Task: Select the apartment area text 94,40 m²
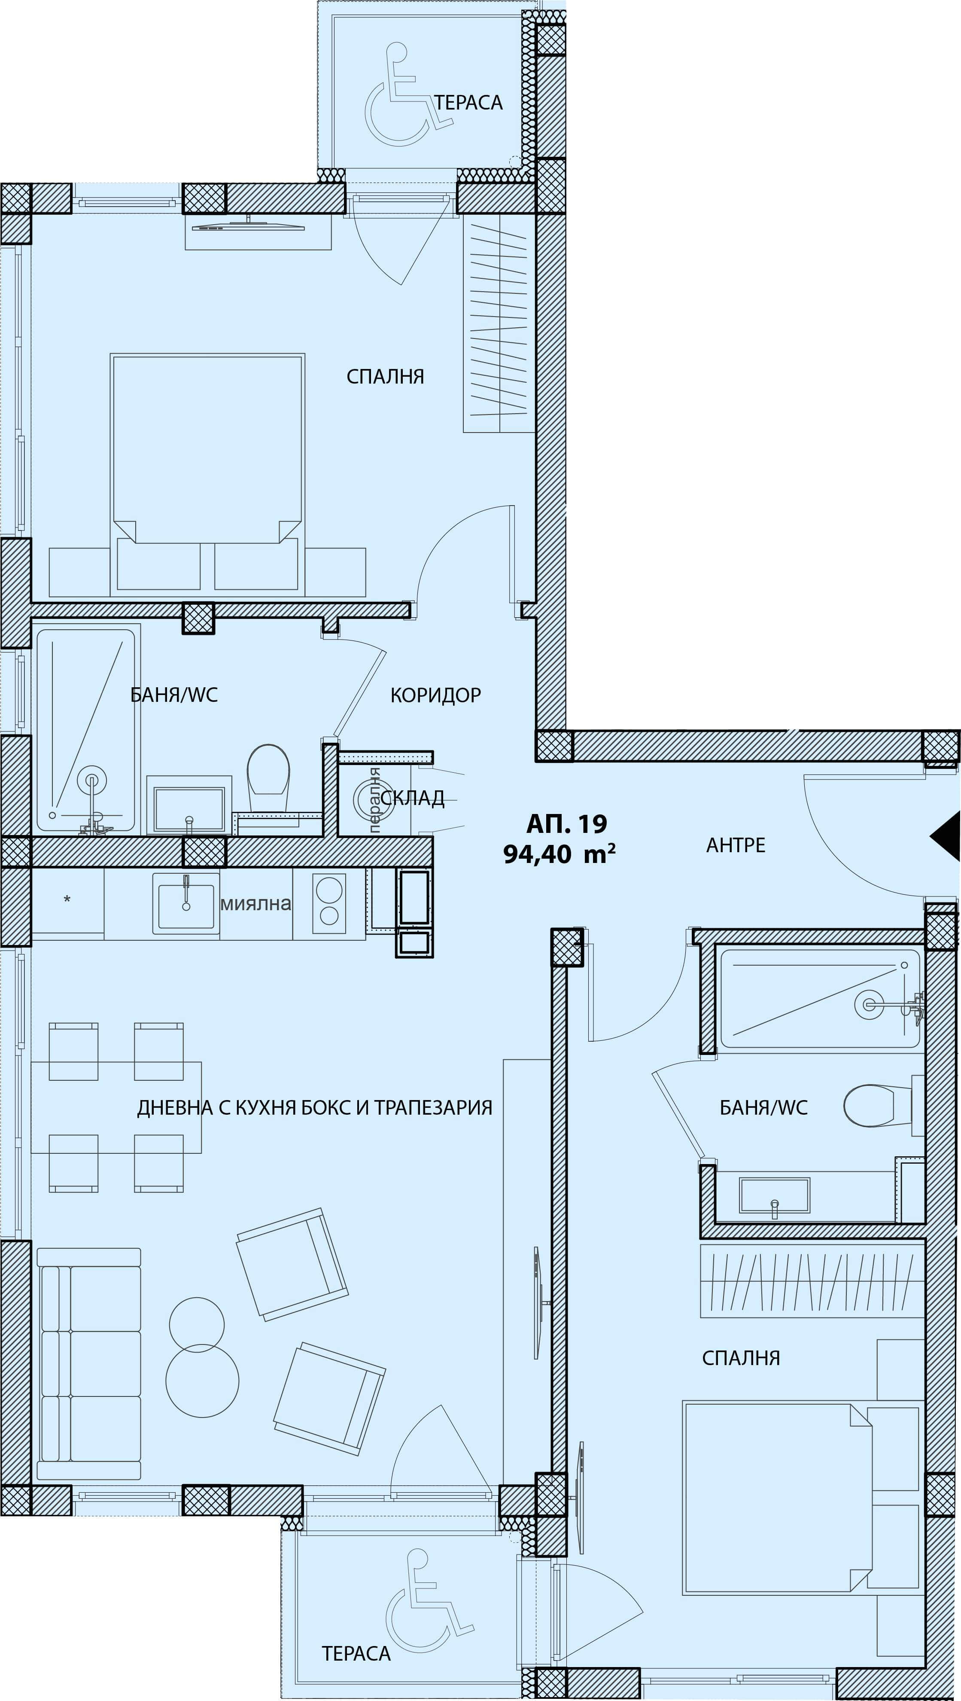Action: pyautogui.click(x=559, y=854)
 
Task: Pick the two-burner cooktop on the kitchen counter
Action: pyautogui.click(x=328, y=903)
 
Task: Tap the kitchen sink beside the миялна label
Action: pyautogui.click(x=186, y=903)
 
